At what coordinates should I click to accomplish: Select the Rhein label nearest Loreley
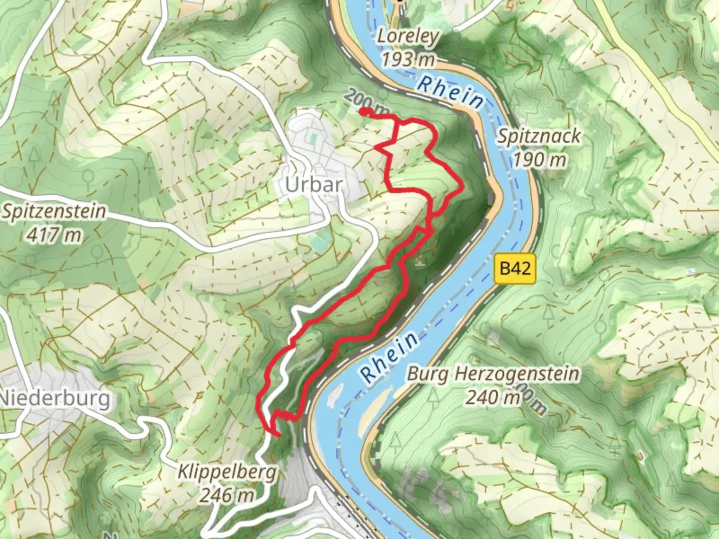tap(450, 91)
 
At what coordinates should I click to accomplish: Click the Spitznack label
tap(539, 136)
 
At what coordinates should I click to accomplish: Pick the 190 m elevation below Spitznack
tap(539, 160)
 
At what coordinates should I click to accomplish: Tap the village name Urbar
tap(314, 185)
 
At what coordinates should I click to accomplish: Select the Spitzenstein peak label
tap(54, 212)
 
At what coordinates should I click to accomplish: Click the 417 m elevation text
tap(54, 235)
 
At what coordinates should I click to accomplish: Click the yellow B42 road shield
tap(515, 269)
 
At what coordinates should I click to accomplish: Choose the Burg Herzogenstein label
tap(493, 374)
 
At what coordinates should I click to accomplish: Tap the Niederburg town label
tap(55, 399)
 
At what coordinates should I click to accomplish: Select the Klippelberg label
tap(227, 472)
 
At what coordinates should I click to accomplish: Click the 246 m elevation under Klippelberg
tap(227, 495)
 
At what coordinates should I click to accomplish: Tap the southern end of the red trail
tap(278, 435)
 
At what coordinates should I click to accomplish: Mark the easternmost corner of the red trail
tap(463, 187)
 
